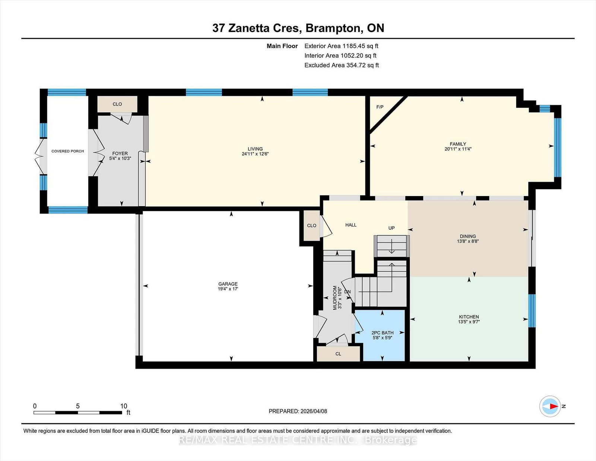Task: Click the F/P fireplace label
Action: [x=380, y=107]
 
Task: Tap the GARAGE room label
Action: [x=228, y=284]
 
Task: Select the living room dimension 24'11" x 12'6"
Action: [x=255, y=154]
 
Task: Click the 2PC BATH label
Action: [x=382, y=333]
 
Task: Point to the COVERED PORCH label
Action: [x=67, y=151]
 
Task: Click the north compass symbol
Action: [x=550, y=406]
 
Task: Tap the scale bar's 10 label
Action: [x=124, y=406]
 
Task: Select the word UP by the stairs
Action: [x=391, y=228]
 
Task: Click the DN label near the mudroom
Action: [x=347, y=292]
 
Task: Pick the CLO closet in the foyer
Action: [x=117, y=104]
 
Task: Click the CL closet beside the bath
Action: [x=338, y=354]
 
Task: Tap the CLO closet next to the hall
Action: [x=311, y=225]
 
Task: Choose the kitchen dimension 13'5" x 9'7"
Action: [x=469, y=322]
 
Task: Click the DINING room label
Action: [x=467, y=236]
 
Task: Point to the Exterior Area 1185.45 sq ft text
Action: [x=341, y=46]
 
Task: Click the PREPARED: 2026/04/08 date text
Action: [x=298, y=411]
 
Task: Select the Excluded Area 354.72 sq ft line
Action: [x=342, y=65]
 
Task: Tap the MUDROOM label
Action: [x=335, y=298]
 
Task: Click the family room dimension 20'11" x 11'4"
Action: [x=458, y=149]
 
